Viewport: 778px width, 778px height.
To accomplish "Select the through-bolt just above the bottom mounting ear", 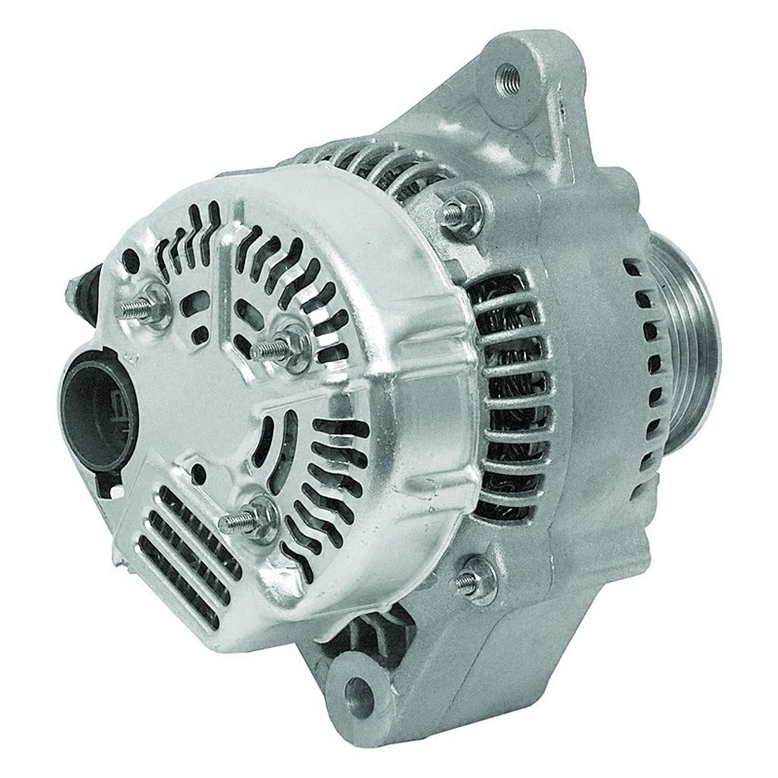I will coord(469,576).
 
